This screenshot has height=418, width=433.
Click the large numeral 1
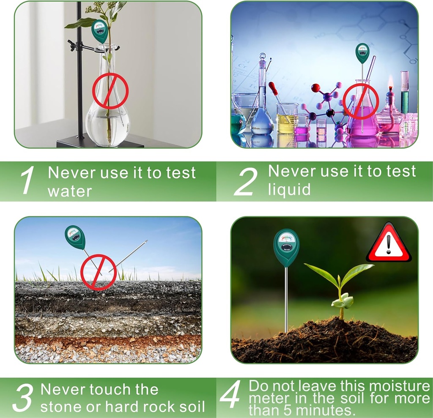tap(28, 180)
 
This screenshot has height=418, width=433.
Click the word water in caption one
tap(69, 191)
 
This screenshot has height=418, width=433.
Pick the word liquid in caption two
tap(289, 189)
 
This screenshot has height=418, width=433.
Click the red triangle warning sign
tap(389, 243)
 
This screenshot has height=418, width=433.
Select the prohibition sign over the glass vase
tap(110, 90)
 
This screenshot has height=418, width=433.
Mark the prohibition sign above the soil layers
tap(99, 272)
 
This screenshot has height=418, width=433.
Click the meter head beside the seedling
tap(286, 247)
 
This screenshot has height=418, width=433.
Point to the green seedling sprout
tap(340, 287)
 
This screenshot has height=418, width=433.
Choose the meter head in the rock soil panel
tap(75, 237)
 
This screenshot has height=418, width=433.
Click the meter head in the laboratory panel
tap(362, 53)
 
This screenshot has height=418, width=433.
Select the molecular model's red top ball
tap(315, 88)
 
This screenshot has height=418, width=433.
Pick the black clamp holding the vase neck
tap(76, 44)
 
